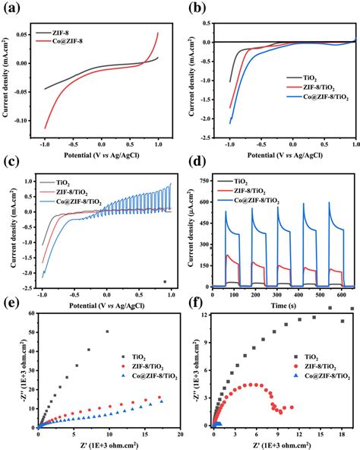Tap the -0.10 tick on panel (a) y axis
point(28,119)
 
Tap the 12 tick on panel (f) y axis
point(207,313)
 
